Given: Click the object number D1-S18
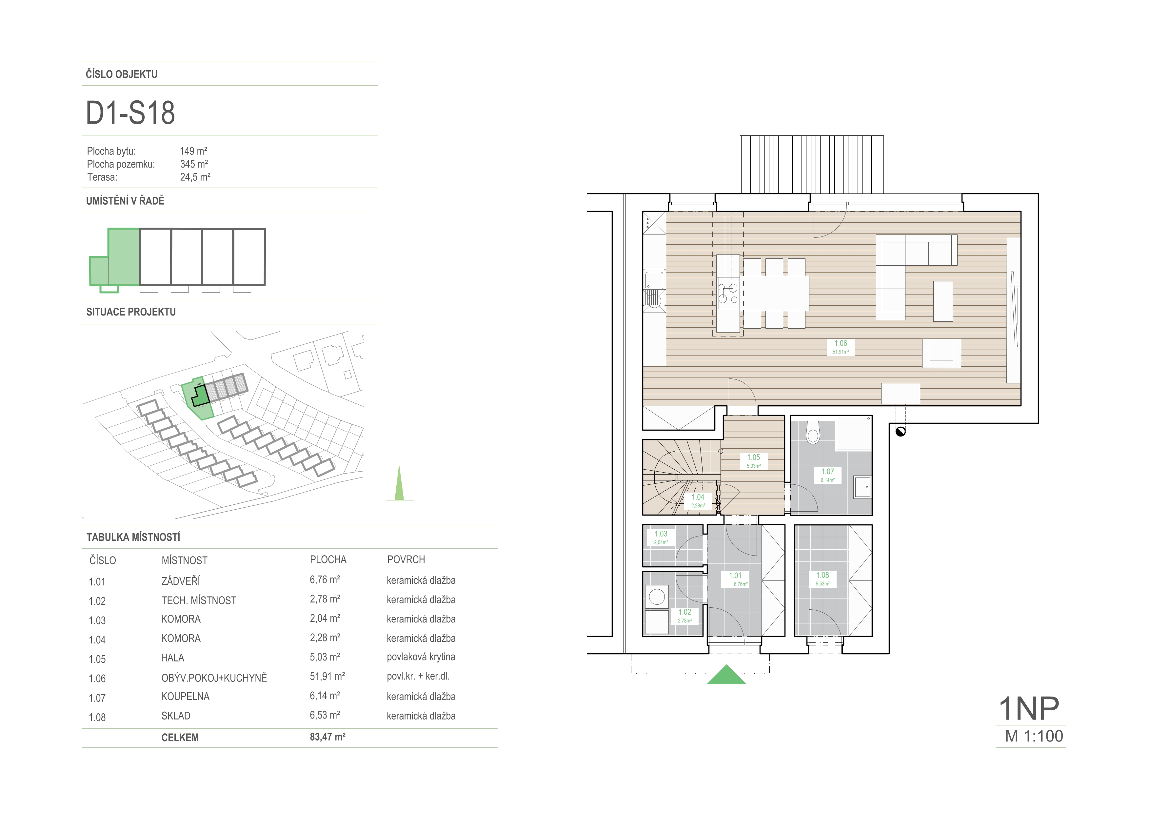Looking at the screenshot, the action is (130, 113).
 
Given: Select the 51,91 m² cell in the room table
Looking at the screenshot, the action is (327, 676).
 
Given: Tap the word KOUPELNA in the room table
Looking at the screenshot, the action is (185, 696).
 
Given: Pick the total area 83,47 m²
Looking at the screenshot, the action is (327, 737).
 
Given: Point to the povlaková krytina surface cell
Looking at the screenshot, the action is (421, 657).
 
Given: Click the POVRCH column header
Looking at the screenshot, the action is (406, 559).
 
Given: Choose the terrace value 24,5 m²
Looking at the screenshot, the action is (195, 177).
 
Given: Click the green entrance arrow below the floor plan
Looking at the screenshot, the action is (726, 675).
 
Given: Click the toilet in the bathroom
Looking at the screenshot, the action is (813, 432).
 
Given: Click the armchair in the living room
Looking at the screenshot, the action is (942, 353).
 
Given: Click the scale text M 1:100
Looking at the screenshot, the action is (1034, 736).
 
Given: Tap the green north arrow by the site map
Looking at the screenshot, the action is (399, 483).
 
